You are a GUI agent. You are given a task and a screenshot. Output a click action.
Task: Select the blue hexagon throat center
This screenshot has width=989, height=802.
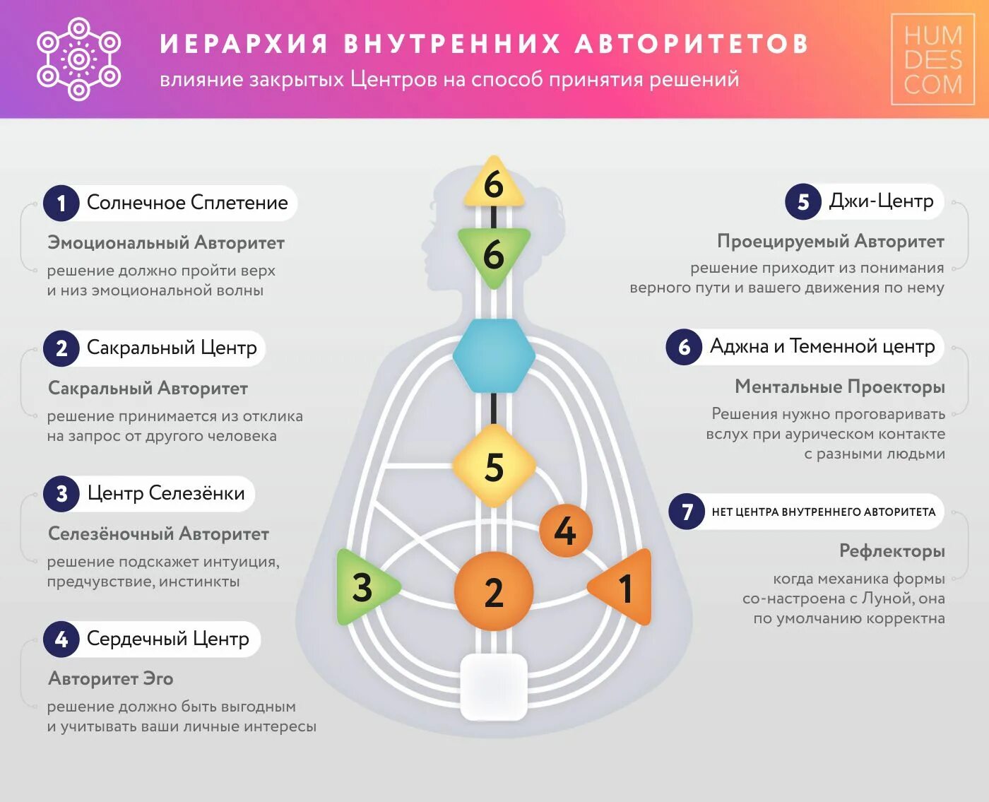[494, 355]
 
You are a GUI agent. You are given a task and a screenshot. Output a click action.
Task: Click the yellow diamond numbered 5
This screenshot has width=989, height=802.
[494, 466]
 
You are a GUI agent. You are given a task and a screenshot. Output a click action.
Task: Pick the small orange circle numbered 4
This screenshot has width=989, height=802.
[565, 531]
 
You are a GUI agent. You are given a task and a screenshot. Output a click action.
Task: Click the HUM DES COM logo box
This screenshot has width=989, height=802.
[932, 59]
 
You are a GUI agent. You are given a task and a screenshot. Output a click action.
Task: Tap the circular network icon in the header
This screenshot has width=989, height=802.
[78, 59]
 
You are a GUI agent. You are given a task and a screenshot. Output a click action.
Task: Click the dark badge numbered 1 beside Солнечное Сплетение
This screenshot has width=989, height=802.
[61, 204]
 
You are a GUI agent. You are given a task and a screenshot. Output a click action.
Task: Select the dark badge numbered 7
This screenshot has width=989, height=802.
[687, 511]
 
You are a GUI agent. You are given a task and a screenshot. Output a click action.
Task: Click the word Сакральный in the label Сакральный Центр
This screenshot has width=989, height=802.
[140, 348]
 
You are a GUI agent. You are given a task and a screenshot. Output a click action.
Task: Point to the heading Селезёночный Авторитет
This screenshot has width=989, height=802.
[158, 533]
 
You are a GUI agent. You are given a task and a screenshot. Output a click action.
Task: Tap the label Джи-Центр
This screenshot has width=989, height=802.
[881, 201]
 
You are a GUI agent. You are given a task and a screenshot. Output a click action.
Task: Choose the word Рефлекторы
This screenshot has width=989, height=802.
[892, 550]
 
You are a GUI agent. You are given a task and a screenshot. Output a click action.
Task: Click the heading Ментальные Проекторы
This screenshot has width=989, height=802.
[839, 387]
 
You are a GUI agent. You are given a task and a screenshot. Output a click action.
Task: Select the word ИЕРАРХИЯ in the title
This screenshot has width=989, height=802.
[244, 44]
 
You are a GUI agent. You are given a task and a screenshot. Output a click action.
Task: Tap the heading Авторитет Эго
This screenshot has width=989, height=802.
[110, 678]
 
